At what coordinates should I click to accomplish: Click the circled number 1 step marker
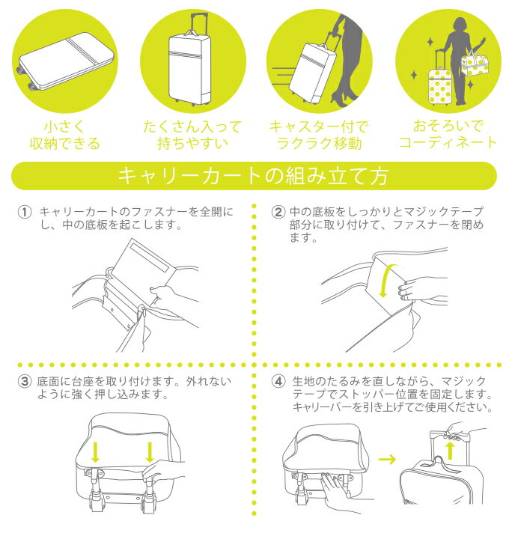(x=25, y=212)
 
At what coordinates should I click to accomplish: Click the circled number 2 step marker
(x=278, y=212)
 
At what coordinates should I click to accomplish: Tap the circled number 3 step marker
(x=25, y=381)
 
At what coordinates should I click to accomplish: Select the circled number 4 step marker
(x=278, y=381)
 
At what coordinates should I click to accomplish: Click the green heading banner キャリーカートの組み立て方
(x=254, y=176)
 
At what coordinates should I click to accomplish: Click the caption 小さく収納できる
(x=64, y=135)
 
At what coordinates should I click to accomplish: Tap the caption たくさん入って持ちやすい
(x=193, y=135)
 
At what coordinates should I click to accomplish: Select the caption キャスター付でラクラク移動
(x=319, y=135)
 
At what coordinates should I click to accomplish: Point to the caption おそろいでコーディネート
(x=448, y=135)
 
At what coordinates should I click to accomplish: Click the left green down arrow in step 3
(x=95, y=452)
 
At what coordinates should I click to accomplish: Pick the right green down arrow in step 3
(x=150, y=452)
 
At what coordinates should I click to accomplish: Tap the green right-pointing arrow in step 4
(x=387, y=459)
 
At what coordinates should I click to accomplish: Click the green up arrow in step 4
(x=451, y=451)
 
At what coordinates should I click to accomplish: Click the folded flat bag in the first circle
(x=65, y=62)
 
